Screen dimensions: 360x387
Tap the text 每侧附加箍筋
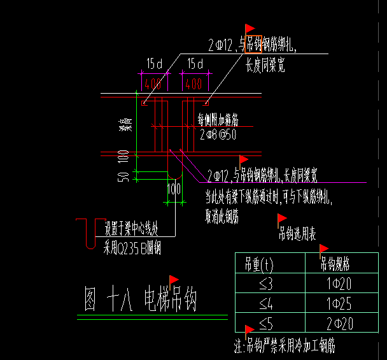pyautogui.click(x=218, y=119)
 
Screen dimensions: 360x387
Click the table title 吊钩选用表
pyautogui.click(x=297, y=234)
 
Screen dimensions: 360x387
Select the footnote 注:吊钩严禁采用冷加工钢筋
pyautogui.click(x=285, y=345)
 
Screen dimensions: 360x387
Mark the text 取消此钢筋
pyautogui.click(x=222, y=217)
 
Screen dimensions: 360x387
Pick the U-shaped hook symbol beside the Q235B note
pyautogui.click(x=87, y=233)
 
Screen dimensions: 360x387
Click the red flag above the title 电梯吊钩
pyautogui.click(x=174, y=279)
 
